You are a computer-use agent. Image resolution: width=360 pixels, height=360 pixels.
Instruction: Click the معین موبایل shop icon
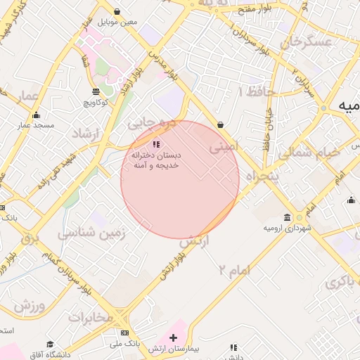coord(116,11)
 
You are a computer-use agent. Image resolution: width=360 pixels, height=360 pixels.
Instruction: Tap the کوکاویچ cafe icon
coord(96,91)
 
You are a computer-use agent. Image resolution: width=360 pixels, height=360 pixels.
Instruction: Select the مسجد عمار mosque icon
coord(37,115)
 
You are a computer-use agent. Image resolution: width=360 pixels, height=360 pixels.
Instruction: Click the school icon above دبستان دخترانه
coord(155,144)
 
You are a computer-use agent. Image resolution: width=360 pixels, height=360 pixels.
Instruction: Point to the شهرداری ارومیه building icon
coord(287,218)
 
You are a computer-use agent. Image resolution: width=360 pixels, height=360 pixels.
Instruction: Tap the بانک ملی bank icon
coord(124,333)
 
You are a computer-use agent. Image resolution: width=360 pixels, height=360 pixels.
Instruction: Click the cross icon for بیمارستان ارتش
coord(174,337)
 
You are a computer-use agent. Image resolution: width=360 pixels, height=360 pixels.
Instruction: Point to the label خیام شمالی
coord(309,152)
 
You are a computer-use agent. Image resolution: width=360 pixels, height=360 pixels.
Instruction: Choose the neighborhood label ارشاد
coord(86,133)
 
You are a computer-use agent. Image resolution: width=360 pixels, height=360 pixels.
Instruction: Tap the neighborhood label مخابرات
coord(90,317)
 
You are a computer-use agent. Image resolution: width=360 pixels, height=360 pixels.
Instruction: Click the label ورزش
coord(29,307)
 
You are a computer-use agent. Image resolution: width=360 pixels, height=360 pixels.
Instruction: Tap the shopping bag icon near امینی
coord(221,124)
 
